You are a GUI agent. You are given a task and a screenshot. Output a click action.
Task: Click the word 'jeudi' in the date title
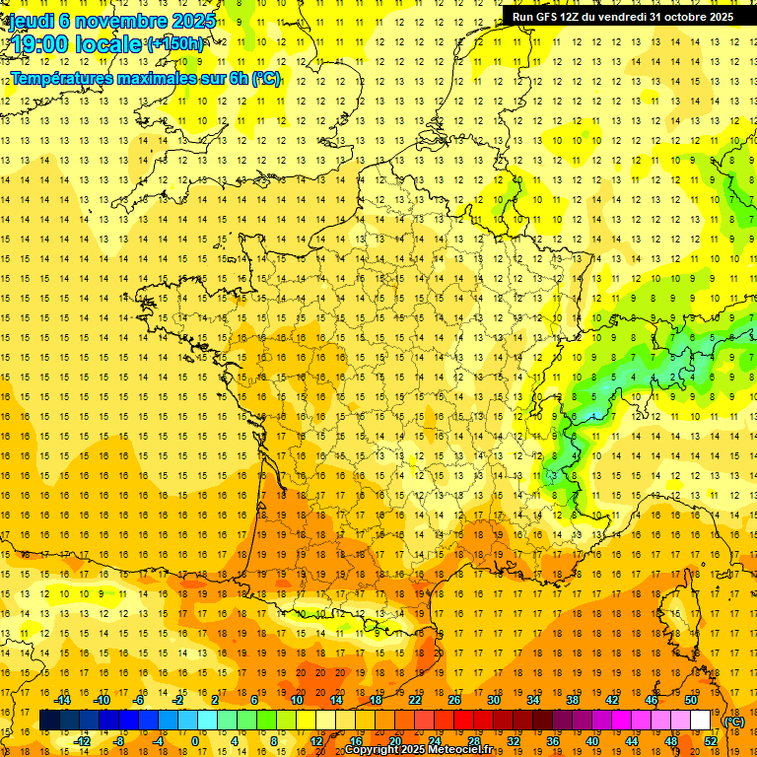pyautogui.click(x=30, y=21)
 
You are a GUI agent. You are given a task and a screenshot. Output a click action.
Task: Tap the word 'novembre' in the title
pyautogui.click(x=117, y=21)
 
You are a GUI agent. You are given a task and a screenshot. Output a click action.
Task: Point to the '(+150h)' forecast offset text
pyautogui.click(x=174, y=44)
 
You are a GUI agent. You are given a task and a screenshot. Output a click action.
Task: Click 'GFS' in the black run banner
pyautogui.click(x=549, y=17)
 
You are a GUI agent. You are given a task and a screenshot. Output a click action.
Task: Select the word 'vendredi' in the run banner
pyautogui.click(x=624, y=17)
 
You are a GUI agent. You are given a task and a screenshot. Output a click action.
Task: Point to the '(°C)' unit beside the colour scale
pyautogui.click(x=734, y=722)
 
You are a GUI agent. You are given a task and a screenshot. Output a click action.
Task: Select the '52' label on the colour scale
pyautogui.click(x=711, y=740)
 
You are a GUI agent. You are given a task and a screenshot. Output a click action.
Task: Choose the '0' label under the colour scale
pyautogui.click(x=195, y=740)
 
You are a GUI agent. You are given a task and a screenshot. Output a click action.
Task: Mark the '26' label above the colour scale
pyautogui.click(x=454, y=700)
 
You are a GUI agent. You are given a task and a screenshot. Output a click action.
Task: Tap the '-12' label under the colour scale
pyautogui.click(x=83, y=740)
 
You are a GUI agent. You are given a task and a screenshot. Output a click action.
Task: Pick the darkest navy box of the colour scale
pyautogui.click(x=49, y=721)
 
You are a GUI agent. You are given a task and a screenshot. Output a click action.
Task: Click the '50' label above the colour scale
pyautogui.click(x=691, y=700)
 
